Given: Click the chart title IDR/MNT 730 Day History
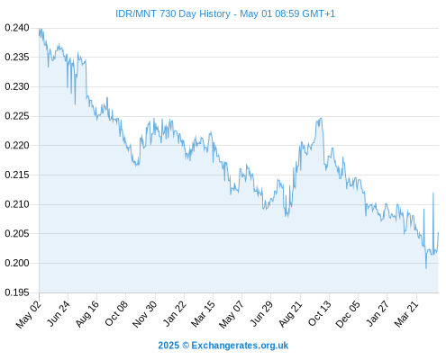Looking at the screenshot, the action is [173, 13].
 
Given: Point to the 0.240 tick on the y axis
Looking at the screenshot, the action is [17, 28].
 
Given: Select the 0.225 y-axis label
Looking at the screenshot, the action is [17, 116].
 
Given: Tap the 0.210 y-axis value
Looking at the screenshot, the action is [17, 204].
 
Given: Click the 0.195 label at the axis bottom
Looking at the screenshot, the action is [17, 292].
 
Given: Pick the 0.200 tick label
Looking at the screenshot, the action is [17, 263].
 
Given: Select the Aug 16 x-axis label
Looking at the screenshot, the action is [87, 313].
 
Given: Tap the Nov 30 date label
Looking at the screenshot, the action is [145, 314].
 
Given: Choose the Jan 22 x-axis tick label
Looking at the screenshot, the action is [175, 313].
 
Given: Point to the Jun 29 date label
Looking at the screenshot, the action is [261, 313].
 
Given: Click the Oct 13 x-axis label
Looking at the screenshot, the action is [320, 313].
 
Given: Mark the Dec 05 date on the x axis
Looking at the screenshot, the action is [348, 314].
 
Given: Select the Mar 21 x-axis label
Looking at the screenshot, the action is [406, 313].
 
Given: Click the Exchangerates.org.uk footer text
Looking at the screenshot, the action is [240, 346].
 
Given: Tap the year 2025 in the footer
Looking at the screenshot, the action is [168, 346].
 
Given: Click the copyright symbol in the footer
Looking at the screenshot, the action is [186, 346].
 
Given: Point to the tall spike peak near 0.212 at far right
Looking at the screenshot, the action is [433, 193].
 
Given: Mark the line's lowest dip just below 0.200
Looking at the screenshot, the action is [426, 268].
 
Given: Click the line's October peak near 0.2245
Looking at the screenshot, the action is [321, 119].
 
